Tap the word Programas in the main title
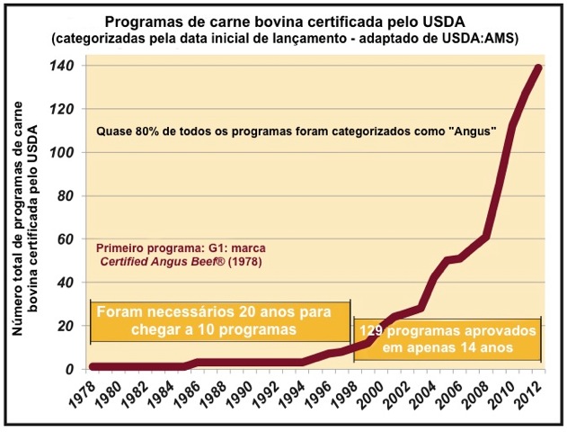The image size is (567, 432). click(140, 21)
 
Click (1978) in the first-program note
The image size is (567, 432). click(240, 262)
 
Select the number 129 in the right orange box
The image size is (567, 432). click(374, 330)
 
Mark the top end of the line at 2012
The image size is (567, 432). click(538, 68)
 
